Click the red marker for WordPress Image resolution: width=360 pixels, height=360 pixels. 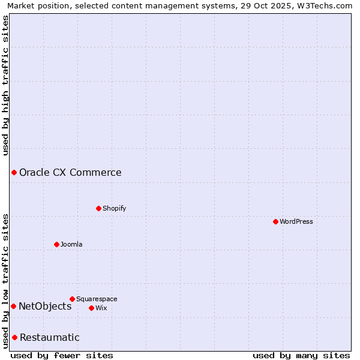point(275,221)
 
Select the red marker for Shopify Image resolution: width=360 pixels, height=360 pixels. point(98,208)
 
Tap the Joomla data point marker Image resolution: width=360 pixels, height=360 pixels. point(56,244)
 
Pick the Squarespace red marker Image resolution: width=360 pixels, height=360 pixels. point(72,299)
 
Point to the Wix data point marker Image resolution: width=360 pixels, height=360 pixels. point(91,308)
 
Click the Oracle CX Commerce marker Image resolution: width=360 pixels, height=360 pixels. point(14,173)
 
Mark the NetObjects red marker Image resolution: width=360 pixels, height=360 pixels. point(13,306)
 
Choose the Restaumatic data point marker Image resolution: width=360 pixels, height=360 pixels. point(14,337)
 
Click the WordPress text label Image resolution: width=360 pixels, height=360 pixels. point(296,221)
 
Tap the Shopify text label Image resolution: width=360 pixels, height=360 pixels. point(114,208)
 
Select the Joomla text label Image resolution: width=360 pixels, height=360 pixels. point(71,244)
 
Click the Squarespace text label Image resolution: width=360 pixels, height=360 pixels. point(97,299)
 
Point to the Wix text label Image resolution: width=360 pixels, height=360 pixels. point(101,308)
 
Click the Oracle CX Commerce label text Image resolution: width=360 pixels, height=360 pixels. point(70,173)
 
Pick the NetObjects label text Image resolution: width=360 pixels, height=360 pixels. point(45,306)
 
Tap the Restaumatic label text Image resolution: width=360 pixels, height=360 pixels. point(49,337)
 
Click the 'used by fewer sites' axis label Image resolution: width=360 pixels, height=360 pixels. point(62,355)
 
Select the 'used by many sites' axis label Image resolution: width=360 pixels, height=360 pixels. point(301,355)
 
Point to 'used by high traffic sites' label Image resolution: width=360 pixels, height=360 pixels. point(5,85)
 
